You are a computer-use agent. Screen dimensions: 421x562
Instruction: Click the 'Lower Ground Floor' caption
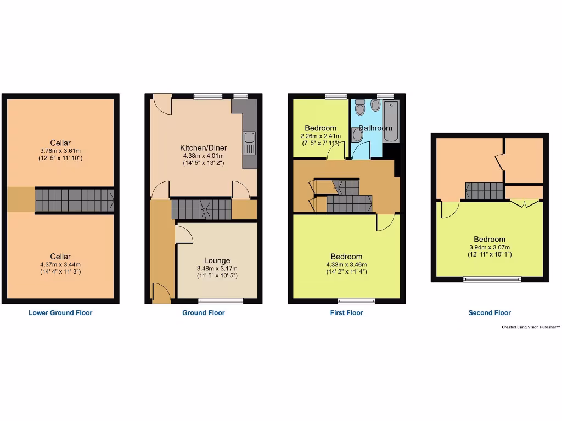(60, 313)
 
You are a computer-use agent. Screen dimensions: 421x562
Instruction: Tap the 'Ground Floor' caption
(204, 313)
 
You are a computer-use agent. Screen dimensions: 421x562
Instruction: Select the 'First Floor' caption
(347, 313)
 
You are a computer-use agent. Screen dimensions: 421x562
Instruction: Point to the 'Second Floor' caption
(490, 313)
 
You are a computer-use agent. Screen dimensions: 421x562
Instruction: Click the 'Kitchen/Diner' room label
(204, 148)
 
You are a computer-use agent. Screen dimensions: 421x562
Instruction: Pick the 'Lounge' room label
(217, 260)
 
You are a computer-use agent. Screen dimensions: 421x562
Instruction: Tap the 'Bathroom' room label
(376, 128)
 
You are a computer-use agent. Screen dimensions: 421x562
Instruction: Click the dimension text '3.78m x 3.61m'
(60, 151)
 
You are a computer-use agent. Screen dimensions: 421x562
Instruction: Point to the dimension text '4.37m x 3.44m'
(60, 264)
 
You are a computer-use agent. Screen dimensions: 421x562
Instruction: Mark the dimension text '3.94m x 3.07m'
(490, 247)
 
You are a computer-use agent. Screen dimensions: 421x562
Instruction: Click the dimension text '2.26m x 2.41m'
(321, 136)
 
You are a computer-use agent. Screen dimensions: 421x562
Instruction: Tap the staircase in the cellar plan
(74, 200)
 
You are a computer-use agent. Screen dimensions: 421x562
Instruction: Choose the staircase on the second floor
(484, 191)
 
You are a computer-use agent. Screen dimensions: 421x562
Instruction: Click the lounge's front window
(221, 300)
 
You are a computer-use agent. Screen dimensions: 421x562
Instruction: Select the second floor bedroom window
(492, 280)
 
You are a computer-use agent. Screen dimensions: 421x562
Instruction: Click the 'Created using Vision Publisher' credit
(531, 327)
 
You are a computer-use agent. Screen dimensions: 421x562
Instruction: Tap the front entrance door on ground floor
(160, 293)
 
